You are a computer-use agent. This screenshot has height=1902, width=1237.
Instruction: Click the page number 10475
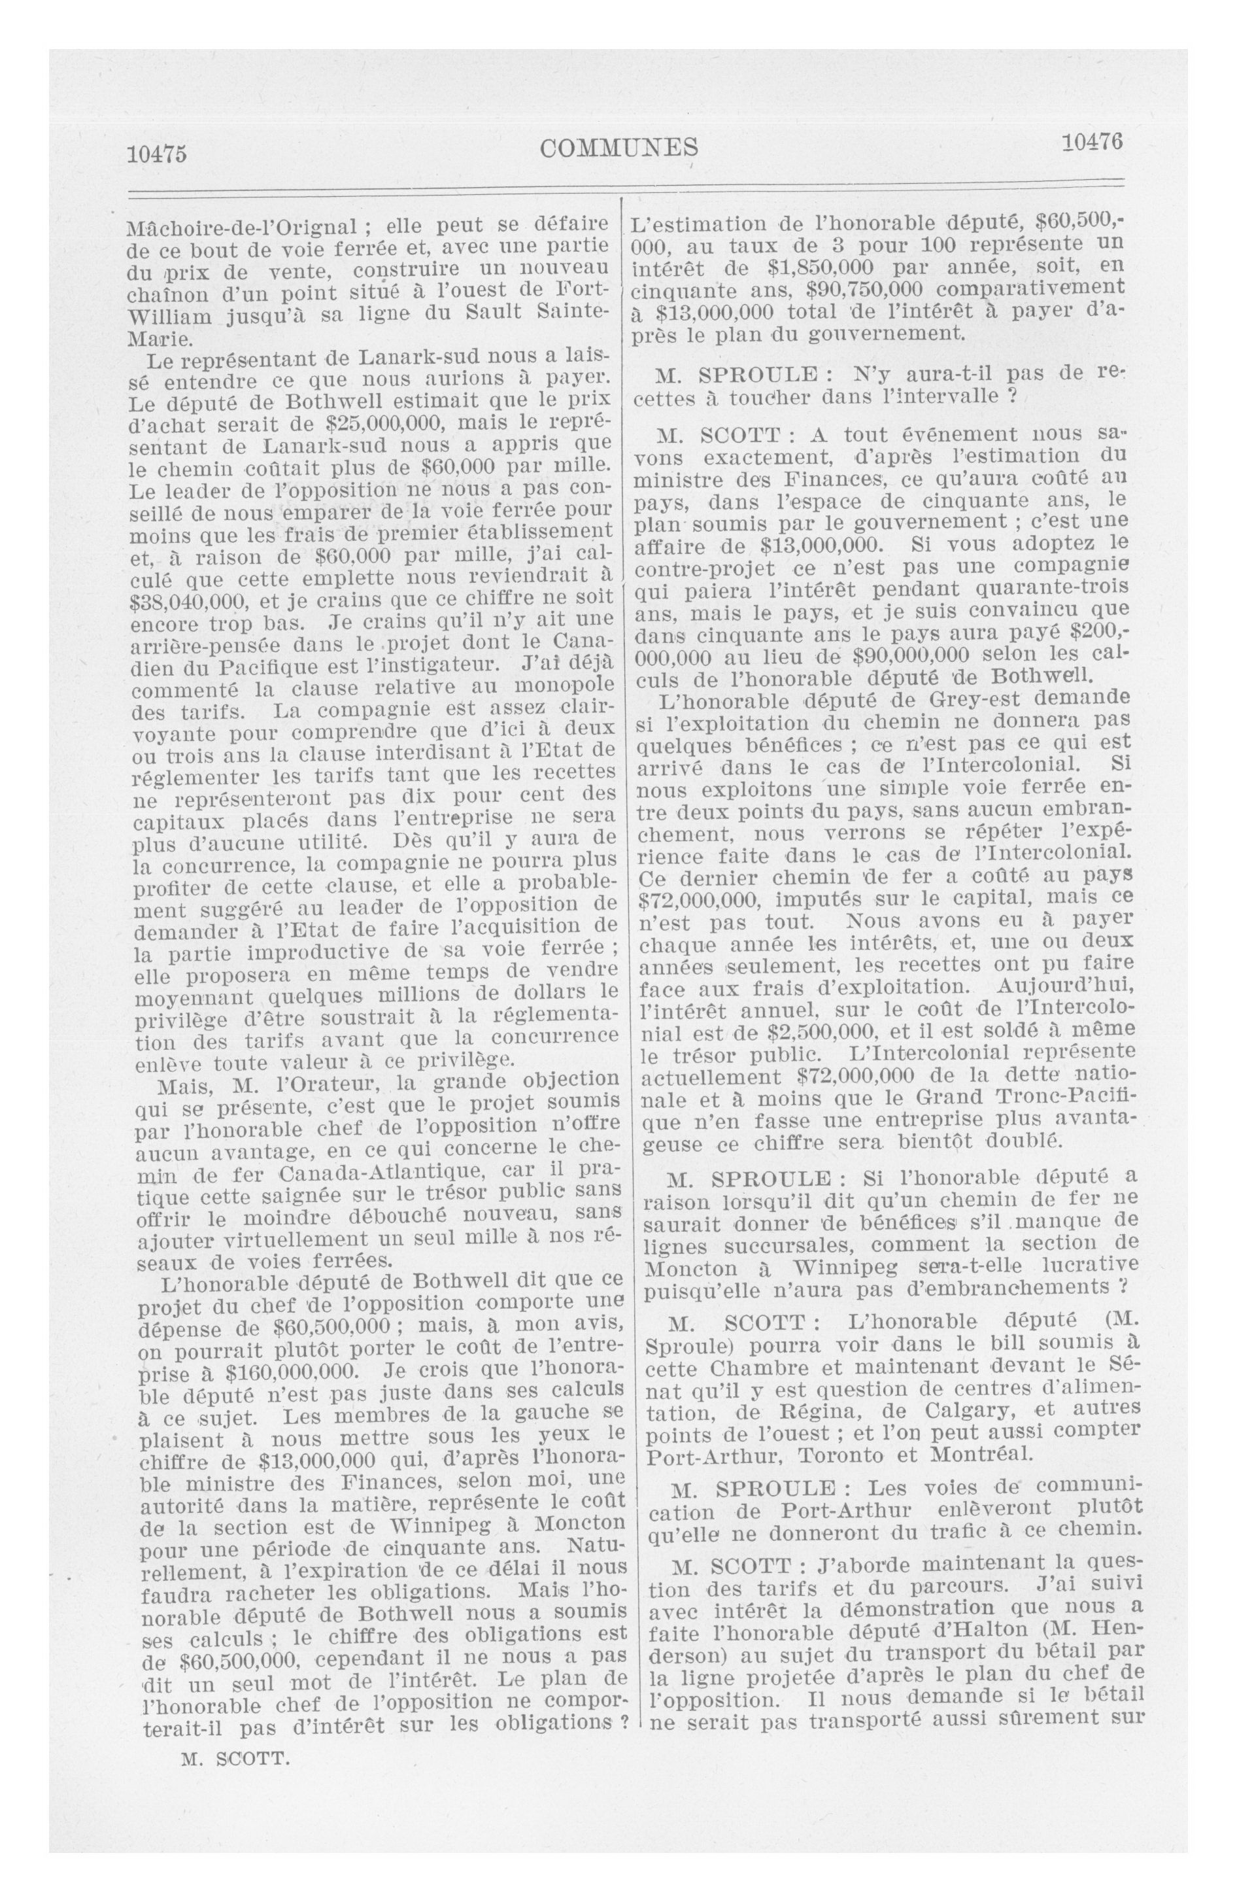(157, 152)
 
